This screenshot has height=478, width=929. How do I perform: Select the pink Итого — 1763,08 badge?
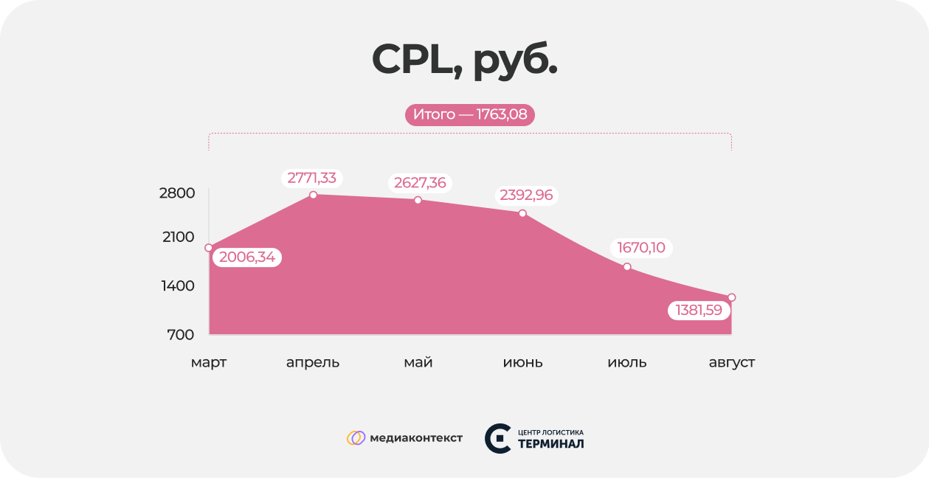click(469, 115)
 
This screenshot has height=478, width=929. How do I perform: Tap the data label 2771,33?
click(311, 178)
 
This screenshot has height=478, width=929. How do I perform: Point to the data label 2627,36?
click(420, 183)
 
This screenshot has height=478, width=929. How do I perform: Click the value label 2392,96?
click(526, 195)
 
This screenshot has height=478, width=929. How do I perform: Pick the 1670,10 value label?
click(641, 248)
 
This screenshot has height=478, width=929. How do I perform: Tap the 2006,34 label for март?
click(247, 257)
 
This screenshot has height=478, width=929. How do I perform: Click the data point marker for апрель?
click(314, 195)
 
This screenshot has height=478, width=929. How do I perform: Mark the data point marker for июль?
click(627, 266)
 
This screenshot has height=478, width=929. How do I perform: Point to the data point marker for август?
click(731, 297)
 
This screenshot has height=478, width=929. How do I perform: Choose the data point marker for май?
click(418, 200)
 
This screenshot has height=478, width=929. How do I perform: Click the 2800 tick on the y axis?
click(177, 193)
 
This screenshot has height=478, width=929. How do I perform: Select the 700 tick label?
click(181, 335)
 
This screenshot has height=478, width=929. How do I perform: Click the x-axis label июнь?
click(522, 363)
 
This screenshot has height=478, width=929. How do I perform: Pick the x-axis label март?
click(209, 363)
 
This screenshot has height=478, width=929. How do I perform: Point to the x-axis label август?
click(731, 363)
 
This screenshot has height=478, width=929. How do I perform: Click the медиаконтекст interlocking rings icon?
click(356, 438)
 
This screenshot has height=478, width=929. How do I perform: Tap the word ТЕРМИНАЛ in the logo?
click(550, 444)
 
